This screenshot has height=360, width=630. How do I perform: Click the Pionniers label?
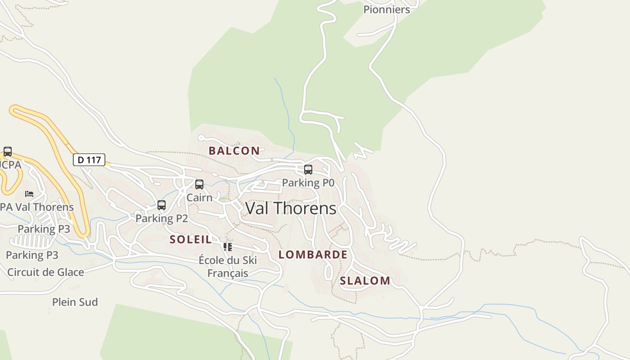(387, 9)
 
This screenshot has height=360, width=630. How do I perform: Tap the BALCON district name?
(234, 151)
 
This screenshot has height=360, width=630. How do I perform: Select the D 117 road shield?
(89, 160)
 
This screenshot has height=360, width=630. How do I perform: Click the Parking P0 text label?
(308, 183)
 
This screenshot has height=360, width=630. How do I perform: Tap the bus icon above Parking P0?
(308, 170)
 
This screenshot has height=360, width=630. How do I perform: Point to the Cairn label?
(199, 198)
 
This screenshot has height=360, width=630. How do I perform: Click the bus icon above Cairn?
(199, 184)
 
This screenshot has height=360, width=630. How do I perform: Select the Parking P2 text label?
(162, 218)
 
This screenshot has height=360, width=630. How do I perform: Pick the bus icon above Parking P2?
(162, 205)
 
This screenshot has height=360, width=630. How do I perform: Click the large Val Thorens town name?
(291, 208)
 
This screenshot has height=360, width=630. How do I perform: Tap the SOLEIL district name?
(191, 239)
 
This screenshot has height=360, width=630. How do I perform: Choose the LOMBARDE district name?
(313, 255)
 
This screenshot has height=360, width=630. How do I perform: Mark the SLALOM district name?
(365, 281)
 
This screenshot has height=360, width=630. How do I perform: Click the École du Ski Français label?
(228, 266)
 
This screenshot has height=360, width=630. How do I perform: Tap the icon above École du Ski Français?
(228, 247)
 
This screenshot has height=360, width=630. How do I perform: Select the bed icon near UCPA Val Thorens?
(29, 194)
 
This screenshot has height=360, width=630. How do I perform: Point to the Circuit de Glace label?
(45, 272)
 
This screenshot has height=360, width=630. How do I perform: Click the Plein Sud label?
(75, 302)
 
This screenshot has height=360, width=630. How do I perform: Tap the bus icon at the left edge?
(8, 152)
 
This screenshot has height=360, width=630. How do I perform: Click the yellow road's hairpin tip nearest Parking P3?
(84, 234)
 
